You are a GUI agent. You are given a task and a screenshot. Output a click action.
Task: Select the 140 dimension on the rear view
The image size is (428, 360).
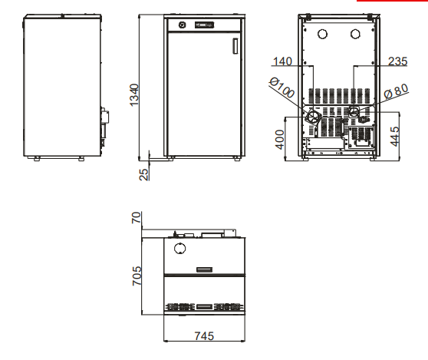tap(284, 61)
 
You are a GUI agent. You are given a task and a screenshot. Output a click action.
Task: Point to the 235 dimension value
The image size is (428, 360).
tap(397, 61)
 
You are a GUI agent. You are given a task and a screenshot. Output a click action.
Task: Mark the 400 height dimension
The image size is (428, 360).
tap(280, 139)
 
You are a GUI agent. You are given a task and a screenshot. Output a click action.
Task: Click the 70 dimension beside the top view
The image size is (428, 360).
tap(137, 218)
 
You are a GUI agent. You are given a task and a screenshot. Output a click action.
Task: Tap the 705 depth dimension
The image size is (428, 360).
tap(137, 276)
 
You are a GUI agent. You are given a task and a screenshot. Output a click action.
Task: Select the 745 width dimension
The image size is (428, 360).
tap(203, 335)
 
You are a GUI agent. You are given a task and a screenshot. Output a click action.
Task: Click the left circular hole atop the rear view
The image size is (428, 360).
tap(323, 34)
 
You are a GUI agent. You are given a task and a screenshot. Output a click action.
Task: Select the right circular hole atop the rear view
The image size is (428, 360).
tap(355, 34)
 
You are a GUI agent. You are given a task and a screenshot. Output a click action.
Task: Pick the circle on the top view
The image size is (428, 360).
tap(179, 249)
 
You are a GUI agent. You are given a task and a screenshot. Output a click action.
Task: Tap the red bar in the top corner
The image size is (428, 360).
tap(403, 2)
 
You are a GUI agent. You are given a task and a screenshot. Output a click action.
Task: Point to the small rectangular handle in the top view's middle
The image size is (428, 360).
tap(204, 269)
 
